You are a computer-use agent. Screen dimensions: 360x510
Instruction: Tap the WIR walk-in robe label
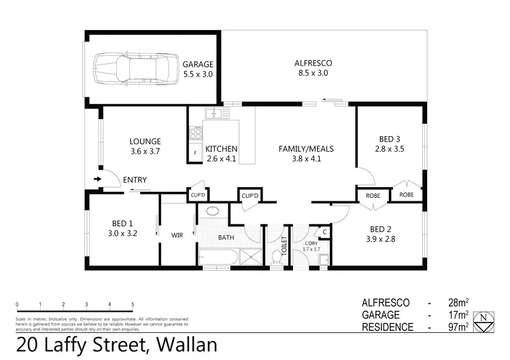(177, 235)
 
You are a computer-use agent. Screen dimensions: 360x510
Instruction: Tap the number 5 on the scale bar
(133, 304)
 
